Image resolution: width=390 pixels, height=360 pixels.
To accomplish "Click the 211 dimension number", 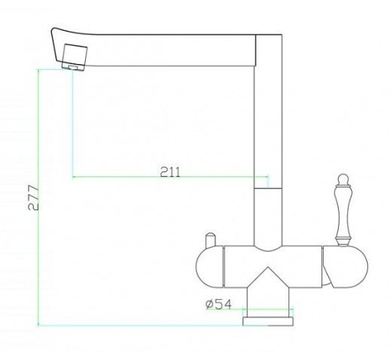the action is pyautogui.click(x=170, y=172).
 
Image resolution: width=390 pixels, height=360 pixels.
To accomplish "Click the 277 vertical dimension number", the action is pyautogui.click(x=33, y=197).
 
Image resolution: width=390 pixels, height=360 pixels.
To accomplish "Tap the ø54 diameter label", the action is pyautogui.click(x=218, y=304).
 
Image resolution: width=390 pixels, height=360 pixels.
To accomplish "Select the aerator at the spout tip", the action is pyautogui.click(x=75, y=57).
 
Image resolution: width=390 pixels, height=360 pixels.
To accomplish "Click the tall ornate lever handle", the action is pyautogui.click(x=343, y=210).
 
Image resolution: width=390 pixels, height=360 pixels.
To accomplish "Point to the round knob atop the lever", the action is pyautogui.click(x=343, y=179).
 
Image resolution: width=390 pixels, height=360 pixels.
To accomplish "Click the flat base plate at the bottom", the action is pyautogui.click(x=268, y=322).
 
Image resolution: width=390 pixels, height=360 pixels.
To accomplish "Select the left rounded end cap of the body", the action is pyautogui.click(x=209, y=267).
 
